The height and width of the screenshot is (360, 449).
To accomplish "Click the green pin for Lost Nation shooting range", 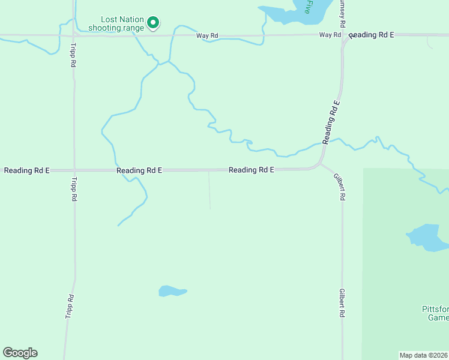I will [153, 23].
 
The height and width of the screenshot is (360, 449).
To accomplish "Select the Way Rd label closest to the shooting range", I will [207, 36].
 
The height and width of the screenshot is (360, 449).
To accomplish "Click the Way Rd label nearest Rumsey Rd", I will [330, 35].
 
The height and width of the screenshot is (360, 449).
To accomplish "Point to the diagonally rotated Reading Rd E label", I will [331, 122].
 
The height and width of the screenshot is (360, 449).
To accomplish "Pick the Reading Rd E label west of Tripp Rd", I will [26, 170].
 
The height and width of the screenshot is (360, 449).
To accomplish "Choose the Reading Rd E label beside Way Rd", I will [371, 35].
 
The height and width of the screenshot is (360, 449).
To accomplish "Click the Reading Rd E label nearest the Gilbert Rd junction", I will [252, 170].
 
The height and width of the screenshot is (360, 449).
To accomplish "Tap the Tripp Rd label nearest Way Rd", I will [73, 55].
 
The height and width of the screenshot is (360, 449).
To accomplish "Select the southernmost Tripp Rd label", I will [70, 306].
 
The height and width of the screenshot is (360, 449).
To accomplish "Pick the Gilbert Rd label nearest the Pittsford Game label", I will [342, 302].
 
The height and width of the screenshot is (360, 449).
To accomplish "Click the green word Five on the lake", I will [307, 7].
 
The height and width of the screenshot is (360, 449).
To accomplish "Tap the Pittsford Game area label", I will [433, 313].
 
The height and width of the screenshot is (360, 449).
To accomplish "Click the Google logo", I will [20, 353].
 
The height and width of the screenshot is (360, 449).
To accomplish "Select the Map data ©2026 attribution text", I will [423, 355].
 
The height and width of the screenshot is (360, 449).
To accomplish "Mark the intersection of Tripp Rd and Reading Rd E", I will [74, 170].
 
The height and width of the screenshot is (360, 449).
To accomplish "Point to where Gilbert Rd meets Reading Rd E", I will [321, 164].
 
